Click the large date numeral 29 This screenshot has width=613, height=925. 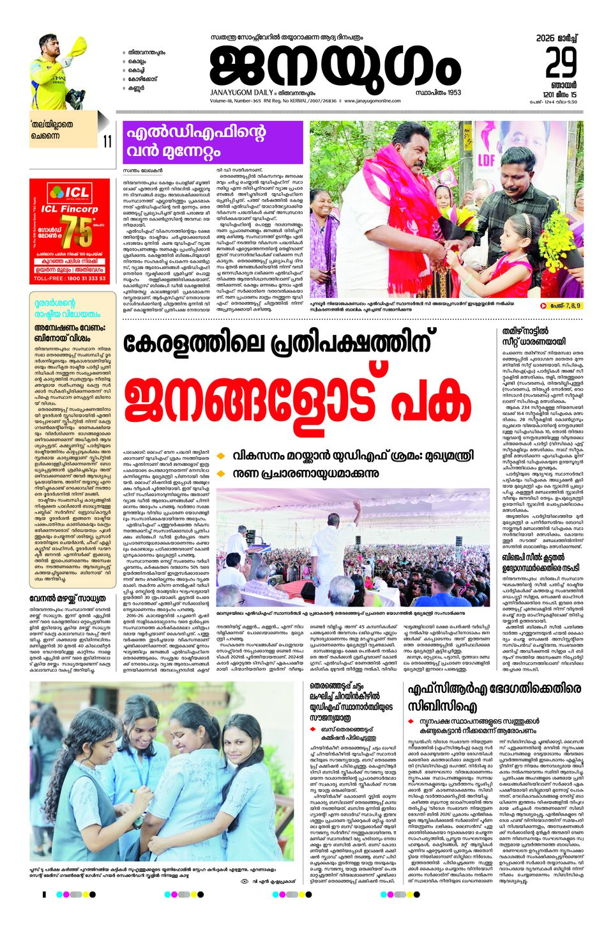(561, 63)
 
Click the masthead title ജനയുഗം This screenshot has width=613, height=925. (335, 68)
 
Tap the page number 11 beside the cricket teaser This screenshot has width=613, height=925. (107, 141)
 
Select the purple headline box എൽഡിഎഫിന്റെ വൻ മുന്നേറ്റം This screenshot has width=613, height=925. (194, 142)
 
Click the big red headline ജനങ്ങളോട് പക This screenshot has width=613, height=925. (297, 401)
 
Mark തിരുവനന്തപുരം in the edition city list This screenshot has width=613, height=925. (146, 52)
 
